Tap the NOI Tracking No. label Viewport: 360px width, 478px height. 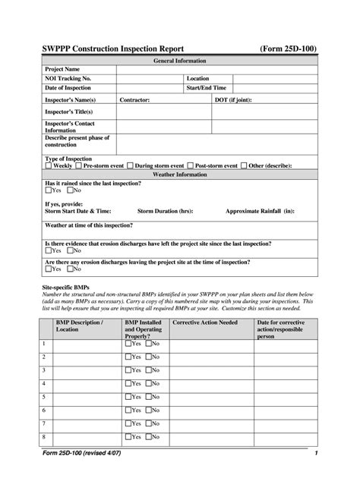(x=68, y=79)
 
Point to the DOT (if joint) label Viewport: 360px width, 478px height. (x=238, y=99)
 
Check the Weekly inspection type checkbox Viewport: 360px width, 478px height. (x=49, y=165)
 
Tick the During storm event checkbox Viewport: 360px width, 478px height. (x=130, y=165)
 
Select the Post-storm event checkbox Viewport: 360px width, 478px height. (x=191, y=165)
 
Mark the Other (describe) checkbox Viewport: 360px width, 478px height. (x=245, y=165)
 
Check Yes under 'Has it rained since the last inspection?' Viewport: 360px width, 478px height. (x=49, y=190)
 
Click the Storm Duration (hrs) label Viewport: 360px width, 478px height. (x=165, y=211)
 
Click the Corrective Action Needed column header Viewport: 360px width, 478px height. (x=205, y=322)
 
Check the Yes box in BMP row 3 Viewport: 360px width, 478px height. (x=128, y=370)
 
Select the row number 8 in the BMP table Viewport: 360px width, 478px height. (x=44, y=436)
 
